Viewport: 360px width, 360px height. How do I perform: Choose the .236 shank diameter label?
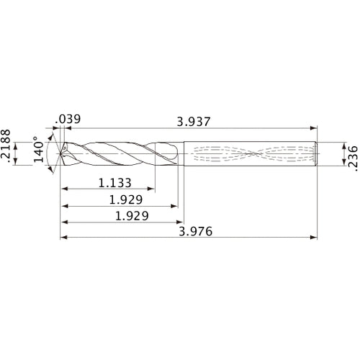point(351,154)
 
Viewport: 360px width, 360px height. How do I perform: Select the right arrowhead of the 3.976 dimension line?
point(315,237)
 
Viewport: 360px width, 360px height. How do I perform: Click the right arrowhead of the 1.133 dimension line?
point(150,190)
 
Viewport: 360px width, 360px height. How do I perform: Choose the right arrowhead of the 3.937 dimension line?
point(315,127)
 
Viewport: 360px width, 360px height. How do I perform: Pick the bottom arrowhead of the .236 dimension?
point(338,165)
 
